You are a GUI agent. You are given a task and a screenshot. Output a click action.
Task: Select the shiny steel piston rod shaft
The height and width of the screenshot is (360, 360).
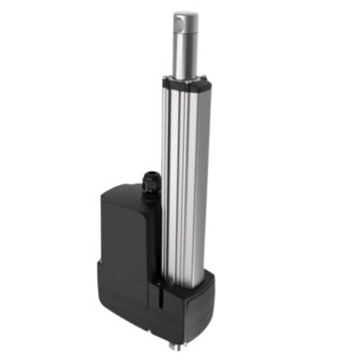click(x=187, y=54)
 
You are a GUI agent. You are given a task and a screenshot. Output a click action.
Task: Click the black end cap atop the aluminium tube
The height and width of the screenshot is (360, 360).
click(x=188, y=84)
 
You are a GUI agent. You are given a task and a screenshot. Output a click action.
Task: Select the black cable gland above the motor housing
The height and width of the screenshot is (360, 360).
click(x=149, y=184)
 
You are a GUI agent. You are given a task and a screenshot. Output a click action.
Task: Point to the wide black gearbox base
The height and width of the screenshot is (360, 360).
click(x=162, y=301)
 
